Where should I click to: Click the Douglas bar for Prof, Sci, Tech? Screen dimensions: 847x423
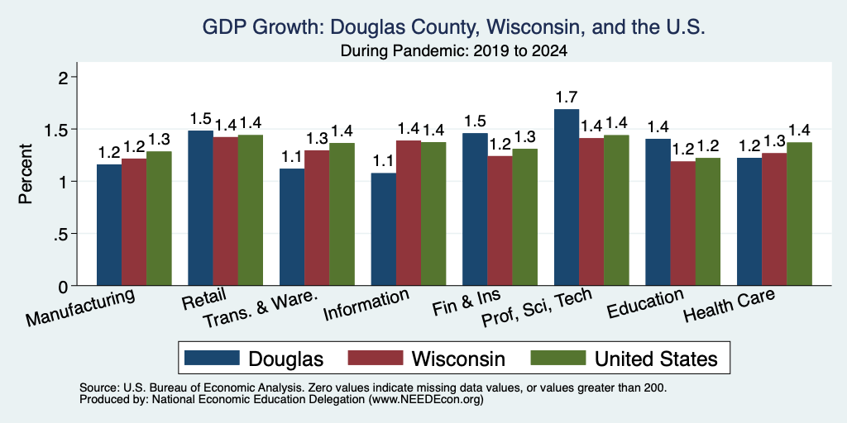click(x=567, y=197)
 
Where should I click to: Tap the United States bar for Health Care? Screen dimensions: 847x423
click(x=800, y=214)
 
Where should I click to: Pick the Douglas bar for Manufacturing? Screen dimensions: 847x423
click(x=109, y=225)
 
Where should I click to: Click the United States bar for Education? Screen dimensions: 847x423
click(x=708, y=221)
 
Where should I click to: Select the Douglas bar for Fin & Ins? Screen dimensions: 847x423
click(x=475, y=209)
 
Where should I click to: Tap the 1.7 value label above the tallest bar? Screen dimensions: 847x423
click(x=567, y=97)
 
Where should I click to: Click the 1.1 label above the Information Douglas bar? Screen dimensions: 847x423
click(x=384, y=161)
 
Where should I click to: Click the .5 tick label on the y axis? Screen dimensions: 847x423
click(x=62, y=234)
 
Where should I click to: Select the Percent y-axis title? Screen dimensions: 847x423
click(x=26, y=173)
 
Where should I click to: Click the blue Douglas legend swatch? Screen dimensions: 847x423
click(x=212, y=358)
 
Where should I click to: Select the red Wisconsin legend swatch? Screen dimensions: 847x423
click(x=376, y=358)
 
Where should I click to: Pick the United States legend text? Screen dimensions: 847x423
click(x=656, y=359)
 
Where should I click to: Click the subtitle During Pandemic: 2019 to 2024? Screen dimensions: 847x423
click(x=454, y=51)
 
